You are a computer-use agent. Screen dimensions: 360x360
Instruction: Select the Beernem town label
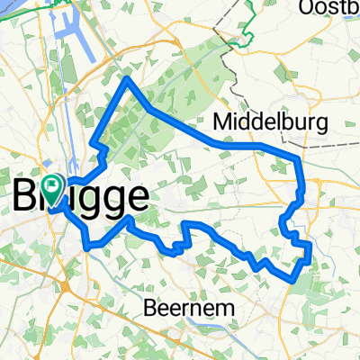click(x=191, y=308)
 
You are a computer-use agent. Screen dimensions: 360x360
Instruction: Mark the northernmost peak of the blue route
click(x=128, y=79)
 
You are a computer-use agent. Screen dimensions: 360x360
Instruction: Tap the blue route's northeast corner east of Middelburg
click(x=297, y=159)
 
